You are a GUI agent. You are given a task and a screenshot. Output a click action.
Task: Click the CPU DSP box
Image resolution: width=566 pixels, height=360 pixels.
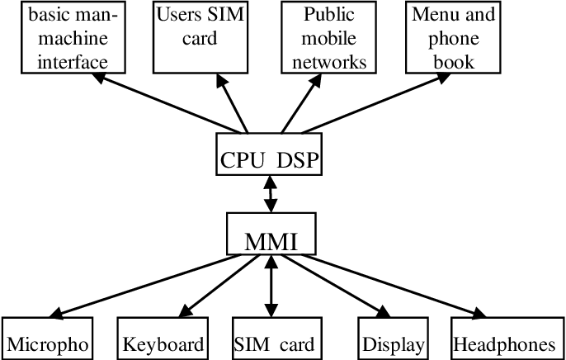(269, 154)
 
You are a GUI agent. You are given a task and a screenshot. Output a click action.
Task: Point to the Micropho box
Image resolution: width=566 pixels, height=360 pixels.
(47, 339)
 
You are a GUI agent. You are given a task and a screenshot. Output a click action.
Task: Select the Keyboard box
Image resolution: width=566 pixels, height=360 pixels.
(163, 339)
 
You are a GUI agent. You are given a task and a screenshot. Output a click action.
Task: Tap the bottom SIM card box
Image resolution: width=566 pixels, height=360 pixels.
(273, 339)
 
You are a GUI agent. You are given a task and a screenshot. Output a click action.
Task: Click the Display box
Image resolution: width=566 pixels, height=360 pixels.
(393, 339)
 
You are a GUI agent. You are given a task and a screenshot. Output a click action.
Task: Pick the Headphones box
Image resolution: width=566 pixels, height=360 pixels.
(504, 339)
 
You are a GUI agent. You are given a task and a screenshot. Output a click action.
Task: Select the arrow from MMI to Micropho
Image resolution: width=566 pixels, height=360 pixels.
(140, 285)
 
